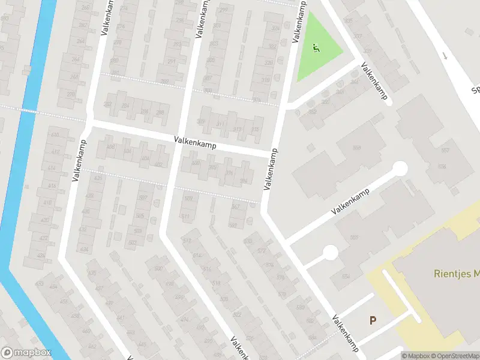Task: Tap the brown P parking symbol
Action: [x=373, y=320]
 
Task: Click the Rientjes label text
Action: [x=456, y=274]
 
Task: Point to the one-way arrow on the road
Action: [x=445, y=56]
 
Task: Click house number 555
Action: [x=354, y=237]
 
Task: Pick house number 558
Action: [x=358, y=147]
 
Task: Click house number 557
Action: [x=445, y=150]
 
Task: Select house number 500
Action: [x=159, y=268]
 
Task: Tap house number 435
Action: [x=92, y=273]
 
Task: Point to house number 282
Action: [x=108, y=104]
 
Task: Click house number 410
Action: [x=55, y=135]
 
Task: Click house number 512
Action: [x=187, y=241]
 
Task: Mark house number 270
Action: [x=70, y=95]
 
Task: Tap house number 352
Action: [x=311, y=111]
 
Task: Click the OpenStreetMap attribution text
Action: [x=452, y=356]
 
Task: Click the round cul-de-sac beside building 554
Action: [x=330, y=253]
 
